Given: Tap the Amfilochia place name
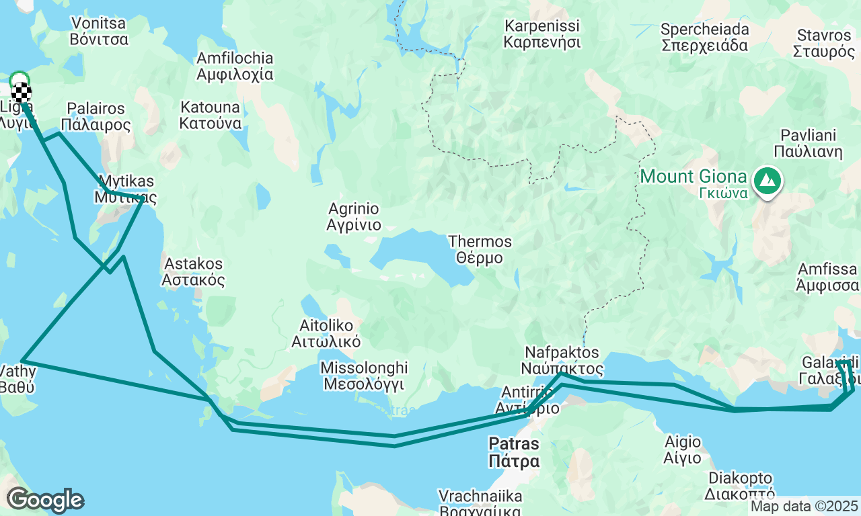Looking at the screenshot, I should [x=235, y=66].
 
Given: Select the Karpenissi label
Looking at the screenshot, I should [x=542, y=34].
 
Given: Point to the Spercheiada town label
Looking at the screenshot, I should [x=704, y=38].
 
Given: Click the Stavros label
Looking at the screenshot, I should [x=823, y=43].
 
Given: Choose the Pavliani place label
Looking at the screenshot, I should [x=808, y=142].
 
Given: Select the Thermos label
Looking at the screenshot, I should [x=480, y=249].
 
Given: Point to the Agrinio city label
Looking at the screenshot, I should [x=354, y=216].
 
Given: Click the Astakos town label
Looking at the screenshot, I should [x=194, y=271].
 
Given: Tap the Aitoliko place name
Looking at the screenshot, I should [x=326, y=333].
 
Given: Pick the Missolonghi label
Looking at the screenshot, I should [x=364, y=376].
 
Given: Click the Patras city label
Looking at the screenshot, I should [x=514, y=452].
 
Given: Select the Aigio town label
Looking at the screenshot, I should [x=682, y=450].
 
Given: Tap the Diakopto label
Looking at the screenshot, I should [x=739, y=486].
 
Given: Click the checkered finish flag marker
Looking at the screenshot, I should [x=22, y=91].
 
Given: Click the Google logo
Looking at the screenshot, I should [x=45, y=500].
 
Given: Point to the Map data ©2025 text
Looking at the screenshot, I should [x=804, y=506].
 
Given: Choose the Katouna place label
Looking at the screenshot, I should [x=210, y=115].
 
